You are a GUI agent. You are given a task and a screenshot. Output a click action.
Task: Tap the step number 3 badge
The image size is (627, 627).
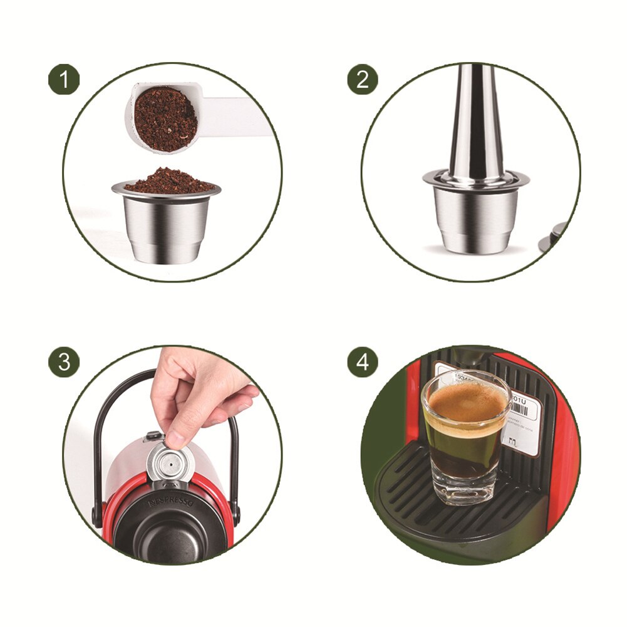pos(64,362)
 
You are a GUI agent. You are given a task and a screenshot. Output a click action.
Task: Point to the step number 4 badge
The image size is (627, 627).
pos(363,362)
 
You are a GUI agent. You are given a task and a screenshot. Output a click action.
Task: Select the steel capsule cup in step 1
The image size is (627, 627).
pos(167,225)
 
